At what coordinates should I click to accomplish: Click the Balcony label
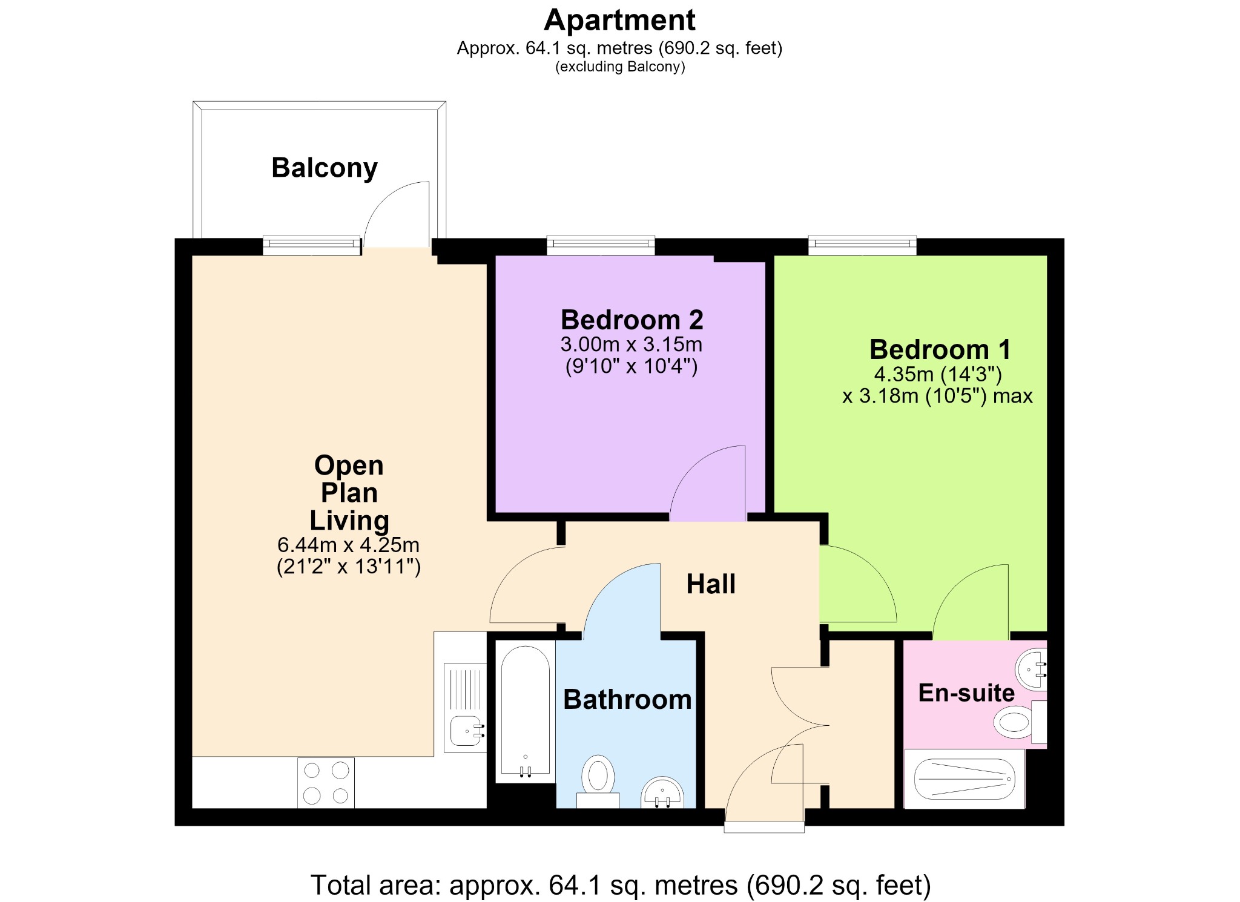point(325,168)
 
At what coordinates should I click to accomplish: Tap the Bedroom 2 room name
point(632,320)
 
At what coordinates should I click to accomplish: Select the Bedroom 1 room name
point(940,349)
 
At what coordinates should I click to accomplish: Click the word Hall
point(711,584)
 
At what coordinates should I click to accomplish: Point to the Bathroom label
point(627,700)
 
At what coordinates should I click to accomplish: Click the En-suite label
point(966,693)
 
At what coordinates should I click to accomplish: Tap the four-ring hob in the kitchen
point(326,782)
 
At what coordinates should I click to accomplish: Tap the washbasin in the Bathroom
point(662,792)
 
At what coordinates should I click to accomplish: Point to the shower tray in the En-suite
point(965,779)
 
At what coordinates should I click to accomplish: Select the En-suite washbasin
point(1032,670)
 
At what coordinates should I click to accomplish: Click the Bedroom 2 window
point(601,245)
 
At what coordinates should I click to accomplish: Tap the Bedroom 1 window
point(862,245)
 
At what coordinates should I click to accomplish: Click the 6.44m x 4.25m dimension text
point(349,545)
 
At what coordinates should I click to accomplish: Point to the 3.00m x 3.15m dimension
point(632,344)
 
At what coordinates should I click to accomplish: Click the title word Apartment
point(619,20)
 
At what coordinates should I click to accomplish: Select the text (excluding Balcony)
point(620,67)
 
